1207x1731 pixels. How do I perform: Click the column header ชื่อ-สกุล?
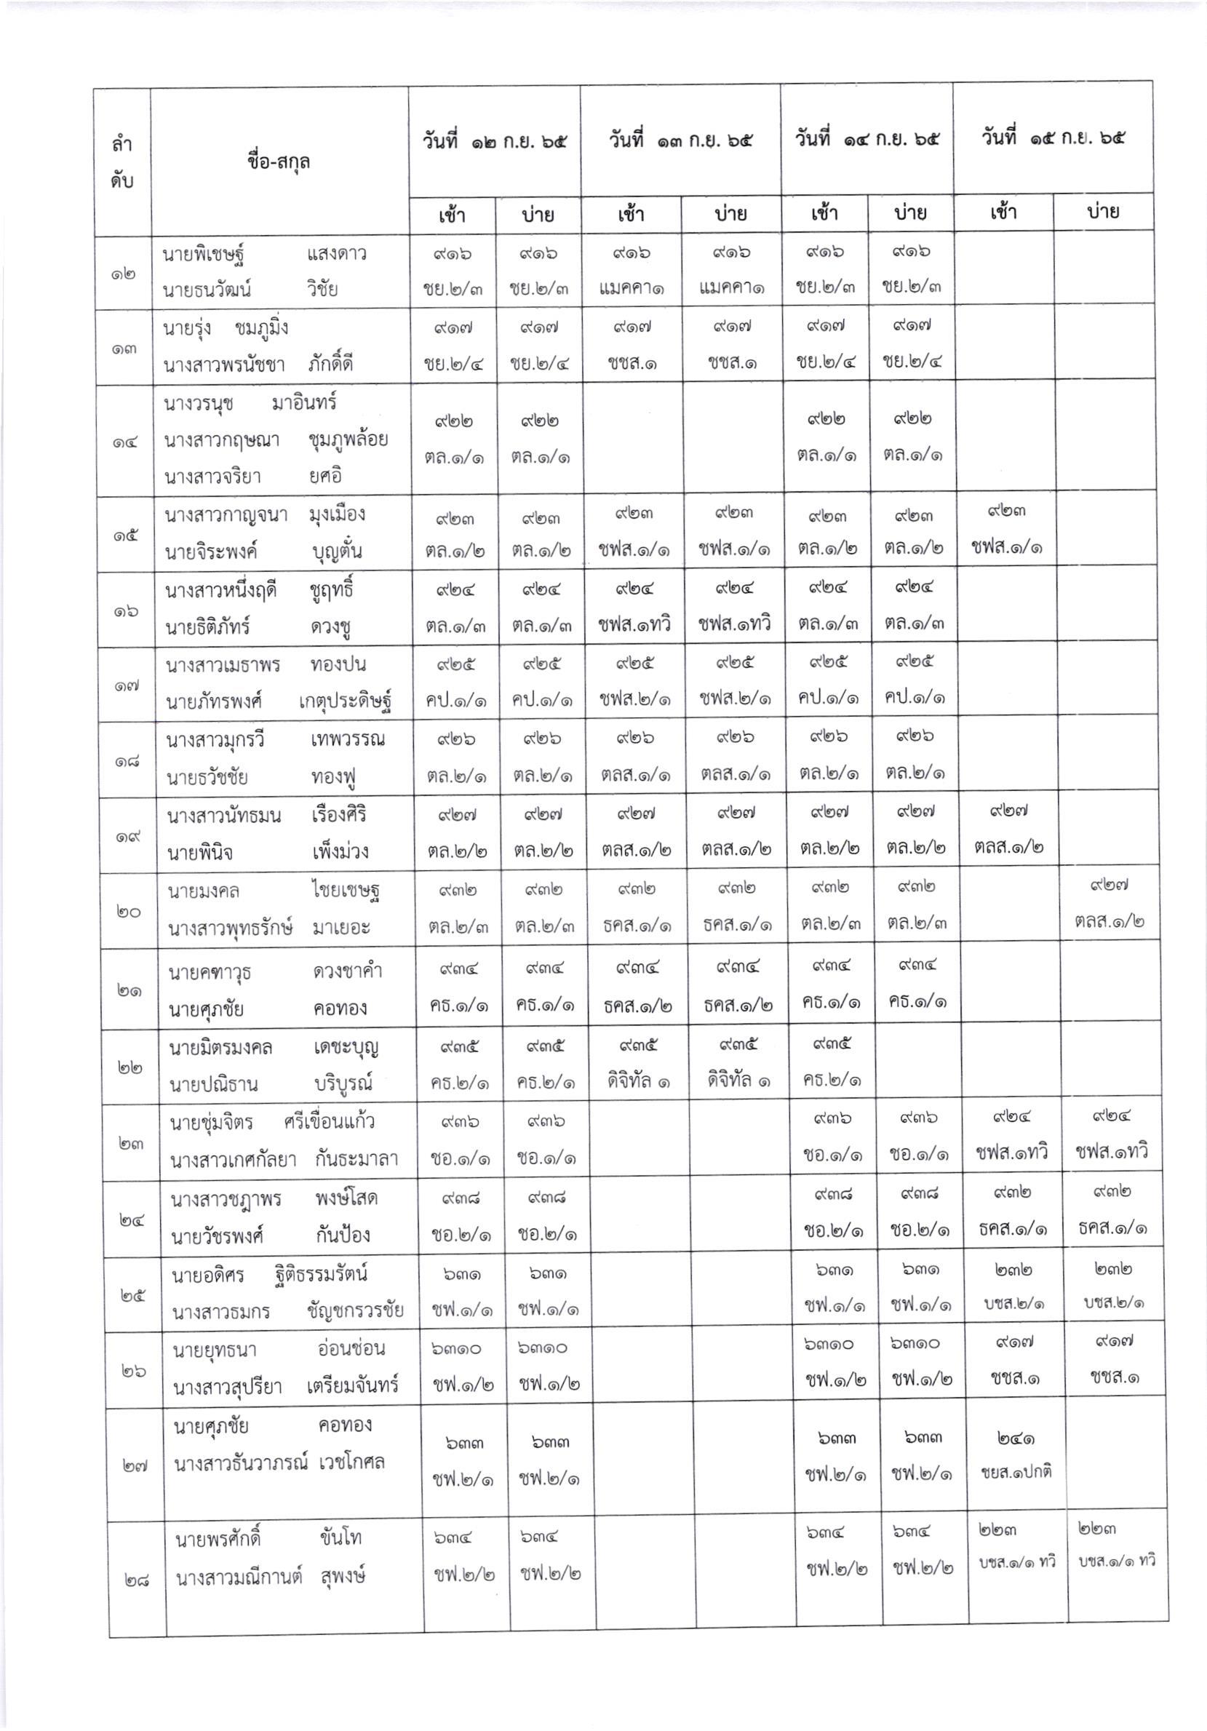(x=278, y=162)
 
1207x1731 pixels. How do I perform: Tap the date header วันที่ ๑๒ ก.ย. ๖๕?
(x=494, y=141)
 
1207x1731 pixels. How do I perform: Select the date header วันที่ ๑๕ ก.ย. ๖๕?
(x=1053, y=138)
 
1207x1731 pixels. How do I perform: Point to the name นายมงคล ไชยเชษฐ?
(x=273, y=891)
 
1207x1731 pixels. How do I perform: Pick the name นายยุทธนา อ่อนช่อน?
(x=278, y=1349)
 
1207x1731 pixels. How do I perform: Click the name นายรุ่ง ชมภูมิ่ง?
(x=226, y=328)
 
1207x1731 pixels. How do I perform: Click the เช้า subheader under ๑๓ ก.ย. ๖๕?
(x=631, y=214)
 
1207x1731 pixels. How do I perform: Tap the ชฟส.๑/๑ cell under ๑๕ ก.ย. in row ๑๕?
(x=1008, y=547)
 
